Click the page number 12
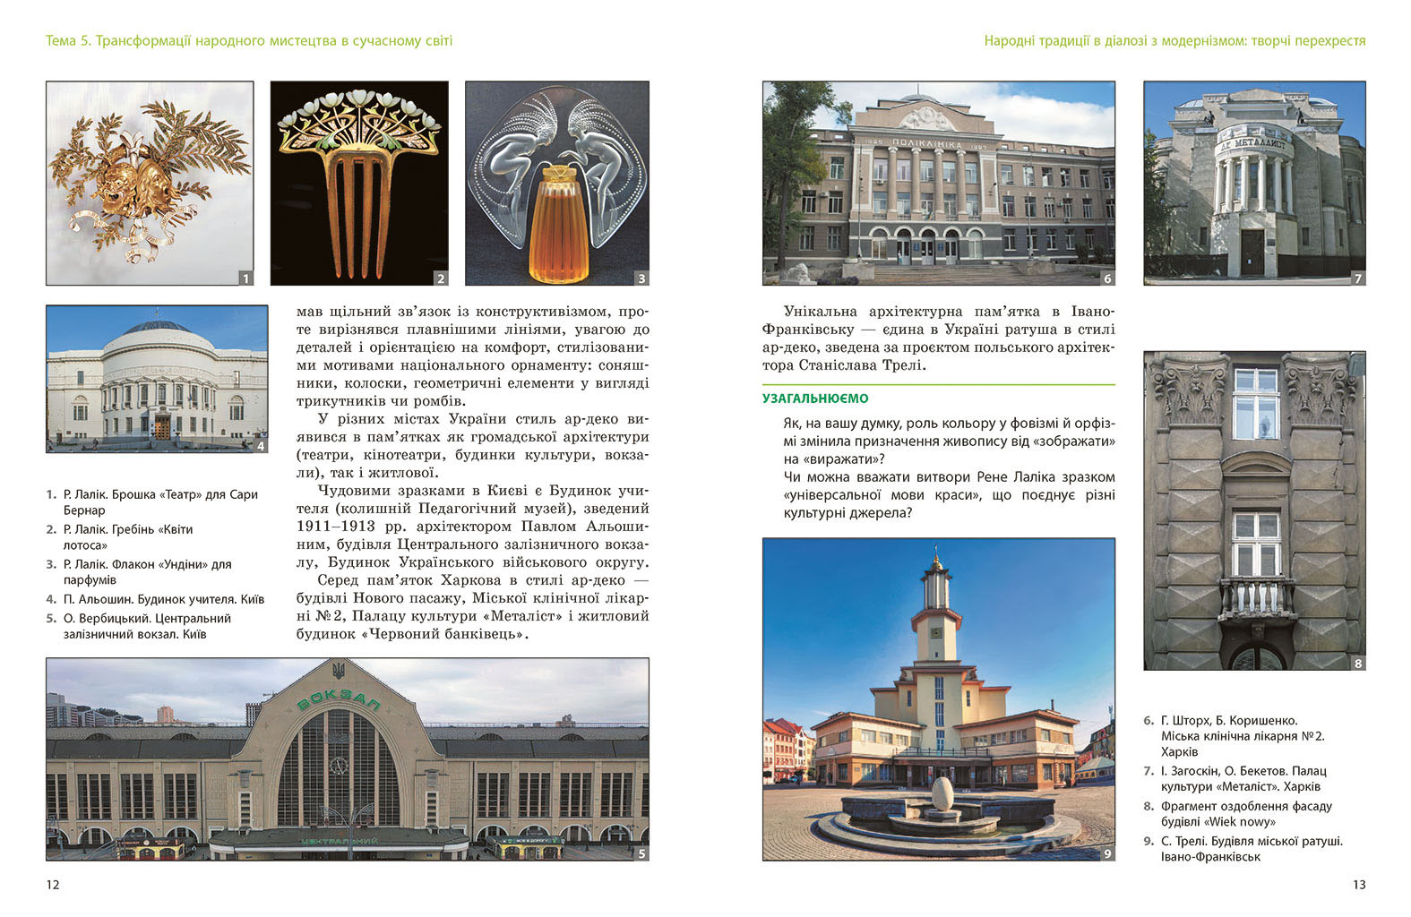point(53,885)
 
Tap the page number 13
point(1358,885)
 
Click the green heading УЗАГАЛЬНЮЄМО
point(815,399)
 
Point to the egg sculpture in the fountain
point(942,794)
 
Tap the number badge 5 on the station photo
point(641,853)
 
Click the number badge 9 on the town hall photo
point(1107,853)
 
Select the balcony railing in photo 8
point(1256,599)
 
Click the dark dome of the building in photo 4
point(158,328)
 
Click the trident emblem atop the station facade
point(339,670)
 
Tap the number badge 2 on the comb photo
point(441,279)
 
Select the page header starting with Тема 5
point(249,40)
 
